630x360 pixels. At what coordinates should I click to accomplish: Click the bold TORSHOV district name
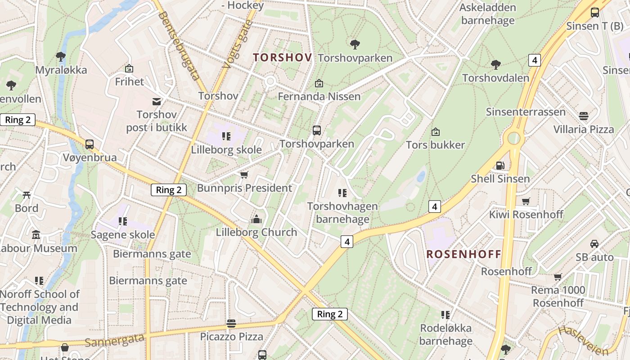point(282,58)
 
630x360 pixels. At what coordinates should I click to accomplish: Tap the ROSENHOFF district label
point(463,254)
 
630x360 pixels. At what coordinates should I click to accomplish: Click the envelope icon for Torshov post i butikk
point(157,102)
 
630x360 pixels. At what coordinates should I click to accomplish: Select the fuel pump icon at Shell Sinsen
point(500,166)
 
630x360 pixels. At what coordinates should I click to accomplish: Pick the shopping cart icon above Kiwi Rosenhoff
point(526,201)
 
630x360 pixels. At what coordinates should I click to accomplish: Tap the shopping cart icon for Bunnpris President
point(244,175)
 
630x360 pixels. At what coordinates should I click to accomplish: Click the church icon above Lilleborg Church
point(256,219)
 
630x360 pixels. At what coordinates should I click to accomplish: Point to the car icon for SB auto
point(594,244)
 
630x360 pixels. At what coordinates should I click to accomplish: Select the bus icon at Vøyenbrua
point(90,144)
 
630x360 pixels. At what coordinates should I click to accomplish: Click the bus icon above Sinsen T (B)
point(594,13)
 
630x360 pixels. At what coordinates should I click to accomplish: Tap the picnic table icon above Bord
point(27,195)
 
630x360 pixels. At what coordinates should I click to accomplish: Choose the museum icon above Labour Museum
point(36,235)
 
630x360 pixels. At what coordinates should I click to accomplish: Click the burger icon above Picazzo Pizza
point(231,323)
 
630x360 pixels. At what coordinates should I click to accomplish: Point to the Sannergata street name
point(114,340)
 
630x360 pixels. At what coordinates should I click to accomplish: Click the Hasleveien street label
point(583,340)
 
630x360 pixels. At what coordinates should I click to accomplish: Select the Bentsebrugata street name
point(179,45)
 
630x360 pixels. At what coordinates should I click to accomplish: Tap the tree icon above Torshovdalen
point(496,65)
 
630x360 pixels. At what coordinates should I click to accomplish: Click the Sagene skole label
point(123,234)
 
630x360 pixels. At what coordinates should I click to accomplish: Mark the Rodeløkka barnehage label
point(445,334)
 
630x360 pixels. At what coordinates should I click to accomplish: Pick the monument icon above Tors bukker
point(435,132)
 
